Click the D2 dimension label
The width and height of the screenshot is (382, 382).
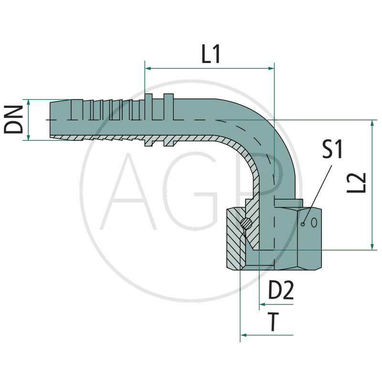tap(280, 291)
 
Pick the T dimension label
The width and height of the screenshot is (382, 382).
tap(273, 322)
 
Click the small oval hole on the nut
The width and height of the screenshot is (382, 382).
tap(314, 222)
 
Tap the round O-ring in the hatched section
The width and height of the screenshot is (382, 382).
tap(245, 222)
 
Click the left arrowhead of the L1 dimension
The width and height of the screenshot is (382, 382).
tap(148, 69)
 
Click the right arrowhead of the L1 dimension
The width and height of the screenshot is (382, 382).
tap(271, 69)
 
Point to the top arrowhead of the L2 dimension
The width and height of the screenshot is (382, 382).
tap(372, 123)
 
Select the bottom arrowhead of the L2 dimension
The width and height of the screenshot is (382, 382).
tap(372, 245)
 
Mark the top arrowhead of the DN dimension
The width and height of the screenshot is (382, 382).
tap(29, 103)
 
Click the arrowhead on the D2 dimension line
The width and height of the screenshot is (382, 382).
tap(262, 304)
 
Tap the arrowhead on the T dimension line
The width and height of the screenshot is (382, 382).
tap(243, 335)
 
